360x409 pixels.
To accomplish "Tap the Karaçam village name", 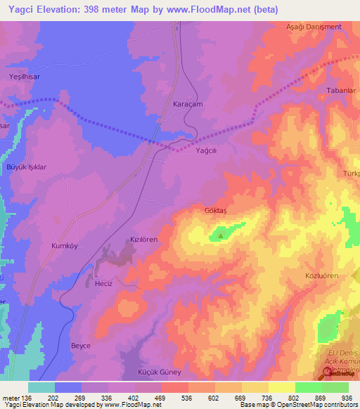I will tap(188, 103).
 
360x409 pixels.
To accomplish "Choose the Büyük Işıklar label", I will tap(26, 167).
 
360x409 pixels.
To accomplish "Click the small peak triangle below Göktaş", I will tap(222, 236).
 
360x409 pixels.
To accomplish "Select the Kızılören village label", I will tap(143, 240).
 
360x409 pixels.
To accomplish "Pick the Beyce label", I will tap(81, 346).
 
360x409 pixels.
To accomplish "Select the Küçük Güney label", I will tap(160, 372).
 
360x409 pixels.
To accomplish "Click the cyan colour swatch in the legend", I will tap(41, 387).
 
